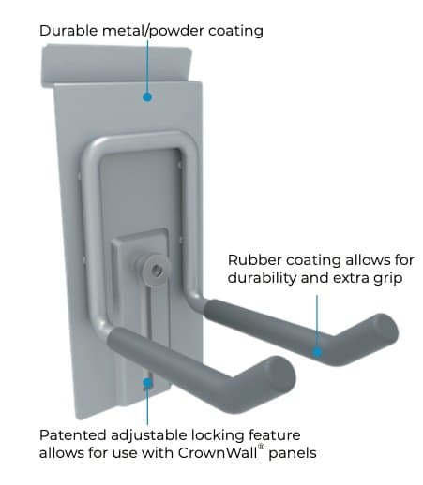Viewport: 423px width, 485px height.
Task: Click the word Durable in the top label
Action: point(68,31)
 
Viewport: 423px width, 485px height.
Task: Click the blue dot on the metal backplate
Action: point(147,97)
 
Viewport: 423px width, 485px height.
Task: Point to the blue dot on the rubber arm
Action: point(317,352)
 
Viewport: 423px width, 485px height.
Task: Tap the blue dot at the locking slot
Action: point(147,383)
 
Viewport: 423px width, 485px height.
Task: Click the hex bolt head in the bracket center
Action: point(154,269)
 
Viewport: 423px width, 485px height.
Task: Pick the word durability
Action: point(262,278)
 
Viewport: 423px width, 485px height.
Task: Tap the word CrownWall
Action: point(218,452)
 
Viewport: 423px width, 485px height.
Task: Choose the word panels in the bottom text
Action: point(293,453)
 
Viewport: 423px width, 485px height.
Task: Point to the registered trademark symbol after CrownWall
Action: point(261,447)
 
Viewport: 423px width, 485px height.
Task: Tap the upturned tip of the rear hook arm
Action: point(385,329)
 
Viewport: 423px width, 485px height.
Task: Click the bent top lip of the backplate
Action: point(116,65)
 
